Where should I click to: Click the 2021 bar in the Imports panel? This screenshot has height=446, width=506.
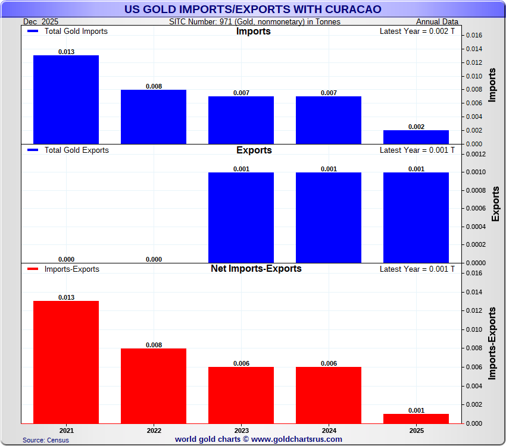pyautogui.click(x=66, y=99)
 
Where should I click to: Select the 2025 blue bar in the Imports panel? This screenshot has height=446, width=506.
pyautogui.click(x=416, y=137)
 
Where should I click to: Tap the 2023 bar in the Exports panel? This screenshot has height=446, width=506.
pyautogui.click(x=241, y=217)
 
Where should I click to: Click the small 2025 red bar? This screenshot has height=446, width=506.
pyautogui.click(x=416, y=419)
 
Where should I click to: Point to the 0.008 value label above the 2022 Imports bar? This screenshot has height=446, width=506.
pyautogui.click(x=154, y=86)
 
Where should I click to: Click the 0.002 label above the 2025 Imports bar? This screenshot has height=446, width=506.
pyautogui.click(x=416, y=127)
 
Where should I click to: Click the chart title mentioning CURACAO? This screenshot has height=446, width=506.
pyautogui.click(x=253, y=10)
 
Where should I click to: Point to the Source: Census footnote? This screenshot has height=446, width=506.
pyautogui.click(x=46, y=440)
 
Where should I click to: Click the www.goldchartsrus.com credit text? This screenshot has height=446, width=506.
pyautogui.click(x=258, y=439)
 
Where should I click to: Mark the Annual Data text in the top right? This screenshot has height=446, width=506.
pyautogui.click(x=437, y=21)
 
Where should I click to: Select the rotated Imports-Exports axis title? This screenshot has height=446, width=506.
pyautogui.click(x=492, y=344)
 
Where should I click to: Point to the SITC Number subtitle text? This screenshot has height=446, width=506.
pyautogui.click(x=255, y=21)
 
